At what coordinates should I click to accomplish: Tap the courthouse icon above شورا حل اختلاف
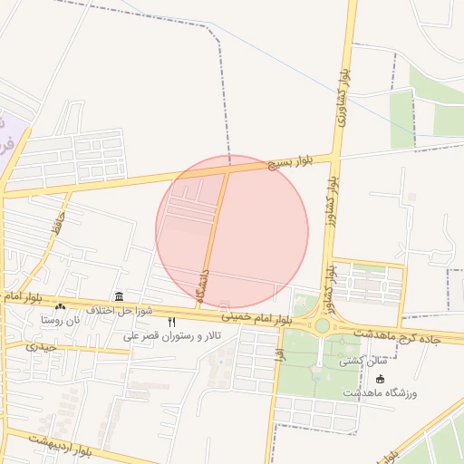pos(119,296)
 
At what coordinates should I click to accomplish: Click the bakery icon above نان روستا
pos(61,307)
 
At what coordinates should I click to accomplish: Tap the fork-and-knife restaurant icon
pos(172,323)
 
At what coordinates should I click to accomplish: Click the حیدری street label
pos(42,345)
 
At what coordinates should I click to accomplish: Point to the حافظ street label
pos(57,225)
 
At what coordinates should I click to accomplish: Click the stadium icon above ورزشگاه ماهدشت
pos(379,379)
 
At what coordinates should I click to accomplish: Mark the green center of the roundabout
pos(322,324)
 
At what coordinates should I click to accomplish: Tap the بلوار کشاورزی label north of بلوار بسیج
pos(343,91)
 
